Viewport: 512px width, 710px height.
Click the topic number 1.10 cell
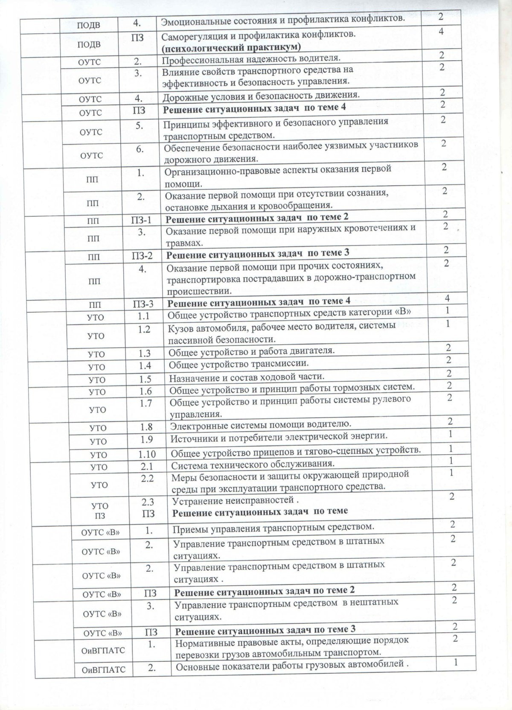click(146, 454)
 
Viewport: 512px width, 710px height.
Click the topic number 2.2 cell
click(147, 478)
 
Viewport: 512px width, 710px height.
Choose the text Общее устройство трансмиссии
click(238, 364)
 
